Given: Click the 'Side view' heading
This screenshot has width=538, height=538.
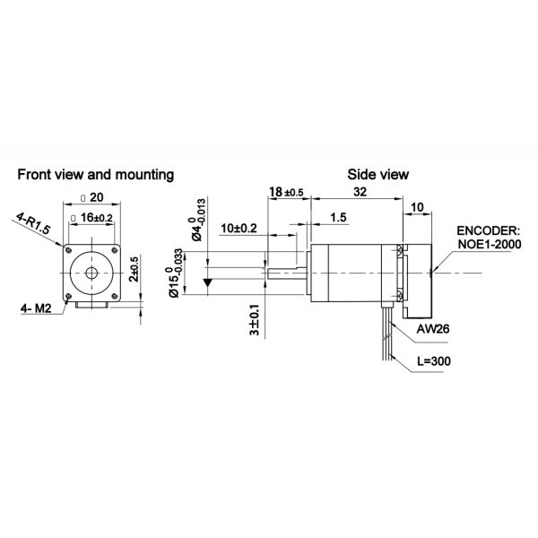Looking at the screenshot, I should click(x=378, y=174).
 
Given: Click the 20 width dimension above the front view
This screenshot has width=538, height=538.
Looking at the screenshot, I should click(x=95, y=199).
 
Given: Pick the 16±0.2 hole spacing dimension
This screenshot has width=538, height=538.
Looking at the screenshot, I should click(x=95, y=217).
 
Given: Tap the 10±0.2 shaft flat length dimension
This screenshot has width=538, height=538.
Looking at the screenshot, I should click(x=239, y=228).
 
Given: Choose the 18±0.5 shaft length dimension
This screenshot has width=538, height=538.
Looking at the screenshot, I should click(x=286, y=192).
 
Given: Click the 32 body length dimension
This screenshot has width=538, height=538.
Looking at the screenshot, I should click(x=359, y=192).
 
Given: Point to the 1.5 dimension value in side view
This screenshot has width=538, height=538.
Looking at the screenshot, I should click(x=338, y=217).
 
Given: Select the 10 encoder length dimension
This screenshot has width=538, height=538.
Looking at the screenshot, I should click(x=418, y=207).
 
